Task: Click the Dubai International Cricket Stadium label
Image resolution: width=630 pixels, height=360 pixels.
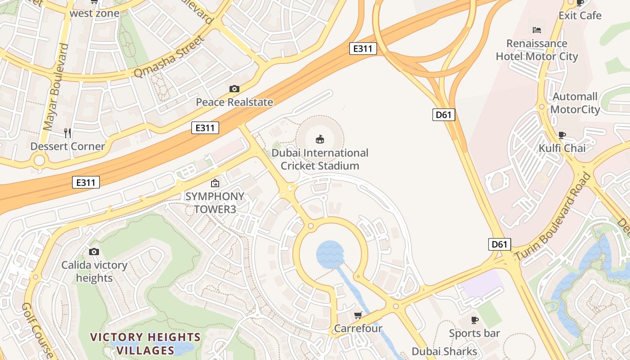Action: (320, 159)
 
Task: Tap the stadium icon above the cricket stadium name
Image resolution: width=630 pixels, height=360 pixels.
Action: (320, 139)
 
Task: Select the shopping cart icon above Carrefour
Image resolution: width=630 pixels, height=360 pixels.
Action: (358, 315)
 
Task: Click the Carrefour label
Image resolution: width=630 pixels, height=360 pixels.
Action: (358, 328)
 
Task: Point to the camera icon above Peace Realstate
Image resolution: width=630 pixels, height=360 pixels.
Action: (234, 89)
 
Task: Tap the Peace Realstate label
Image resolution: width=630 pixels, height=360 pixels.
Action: (234, 102)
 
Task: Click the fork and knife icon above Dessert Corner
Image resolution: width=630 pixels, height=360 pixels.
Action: (67, 133)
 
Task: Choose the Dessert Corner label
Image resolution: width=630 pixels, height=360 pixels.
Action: (67, 146)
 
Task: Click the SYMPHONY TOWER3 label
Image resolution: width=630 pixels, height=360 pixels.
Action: (215, 203)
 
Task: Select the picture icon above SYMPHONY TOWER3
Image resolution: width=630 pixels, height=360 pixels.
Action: (215, 183)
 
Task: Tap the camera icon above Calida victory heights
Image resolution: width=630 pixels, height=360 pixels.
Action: (94, 252)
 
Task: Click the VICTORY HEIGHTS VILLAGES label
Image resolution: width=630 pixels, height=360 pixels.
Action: (145, 343)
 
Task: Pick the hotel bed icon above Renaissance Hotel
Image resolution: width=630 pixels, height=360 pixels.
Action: (536, 30)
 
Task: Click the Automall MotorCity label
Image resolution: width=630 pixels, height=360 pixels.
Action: (575, 103)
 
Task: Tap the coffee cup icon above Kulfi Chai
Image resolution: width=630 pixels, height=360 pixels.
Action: (562, 135)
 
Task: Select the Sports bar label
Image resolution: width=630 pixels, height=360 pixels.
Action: (474, 333)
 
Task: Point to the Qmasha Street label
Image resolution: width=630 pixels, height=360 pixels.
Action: (169, 57)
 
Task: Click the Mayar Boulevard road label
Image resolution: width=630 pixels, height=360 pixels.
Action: (56, 87)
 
